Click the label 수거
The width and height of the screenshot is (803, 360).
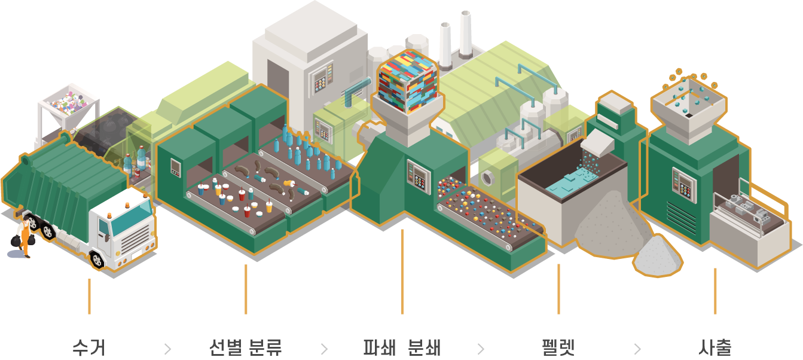(x=89, y=347)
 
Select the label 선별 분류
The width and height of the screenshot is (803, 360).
(x=246, y=347)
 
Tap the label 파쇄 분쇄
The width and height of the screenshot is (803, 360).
(x=402, y=347)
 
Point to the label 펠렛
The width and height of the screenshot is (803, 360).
(x=558, y=347)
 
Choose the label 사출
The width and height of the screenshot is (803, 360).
(x=715, y=347)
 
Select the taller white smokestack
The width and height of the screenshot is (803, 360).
(x=465, y=33)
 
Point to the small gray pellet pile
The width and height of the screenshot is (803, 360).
(x=658, y=255)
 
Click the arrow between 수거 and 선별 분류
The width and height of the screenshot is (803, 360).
(x=167, y=349)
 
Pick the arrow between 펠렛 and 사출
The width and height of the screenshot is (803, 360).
(x=637, y=349)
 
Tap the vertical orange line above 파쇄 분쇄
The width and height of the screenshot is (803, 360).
(x=402, y=271)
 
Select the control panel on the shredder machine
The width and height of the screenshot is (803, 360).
(x=419, y=176)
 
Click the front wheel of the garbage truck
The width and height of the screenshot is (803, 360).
(x=97, y=260)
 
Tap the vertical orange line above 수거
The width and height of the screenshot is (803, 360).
(x=89, y=296)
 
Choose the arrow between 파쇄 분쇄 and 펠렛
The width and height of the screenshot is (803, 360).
(x=480, y=349)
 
